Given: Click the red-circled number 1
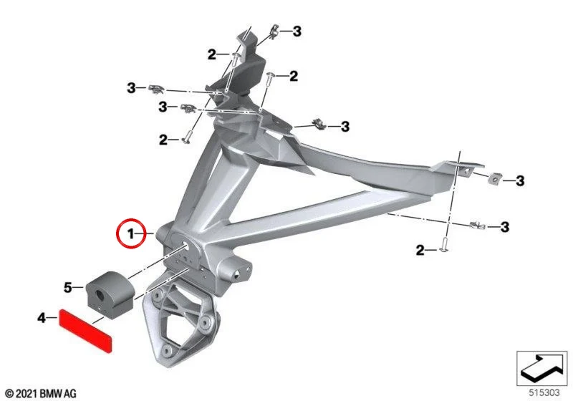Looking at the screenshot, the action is click(130, 233).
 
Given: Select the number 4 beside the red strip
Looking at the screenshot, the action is click(42, 318).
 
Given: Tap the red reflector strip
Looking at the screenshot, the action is click(86, 331).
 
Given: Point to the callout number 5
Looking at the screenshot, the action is click(68, 287).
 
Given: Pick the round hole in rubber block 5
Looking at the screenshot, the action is click(100, 294).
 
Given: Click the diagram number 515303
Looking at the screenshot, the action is click(544, 392).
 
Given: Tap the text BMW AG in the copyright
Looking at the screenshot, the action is click(58, 394).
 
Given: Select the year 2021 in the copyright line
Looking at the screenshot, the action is click(27, 394).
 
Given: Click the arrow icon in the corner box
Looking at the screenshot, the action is click(542, 367).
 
